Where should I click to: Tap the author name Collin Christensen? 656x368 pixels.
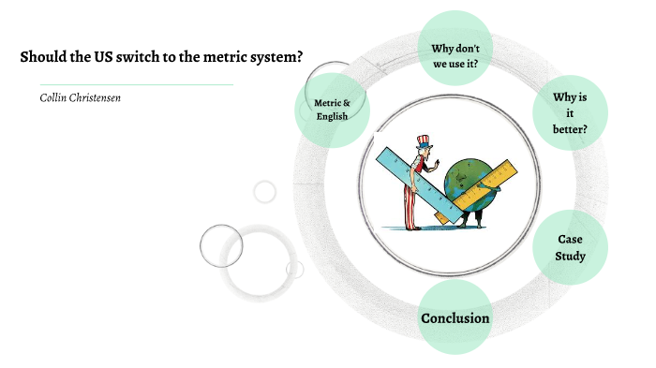[x=80, y=97]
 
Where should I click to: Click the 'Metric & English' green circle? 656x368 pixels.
[x=332, y=110]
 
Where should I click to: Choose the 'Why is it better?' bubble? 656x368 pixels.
[x=570, y=112]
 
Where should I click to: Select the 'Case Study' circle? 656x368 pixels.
[x=570, y=247]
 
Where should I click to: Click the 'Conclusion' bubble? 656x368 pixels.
[x=455, y=318]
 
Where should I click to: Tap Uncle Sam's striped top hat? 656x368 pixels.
[x=423, y=143]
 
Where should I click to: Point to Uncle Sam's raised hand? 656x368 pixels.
[x=436, y=166]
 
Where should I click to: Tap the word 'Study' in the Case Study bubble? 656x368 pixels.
[x=570, y=256]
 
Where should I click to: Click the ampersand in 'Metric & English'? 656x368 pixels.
[x=348, y=102]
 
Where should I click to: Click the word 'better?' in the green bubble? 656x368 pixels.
[x=570, y=129]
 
